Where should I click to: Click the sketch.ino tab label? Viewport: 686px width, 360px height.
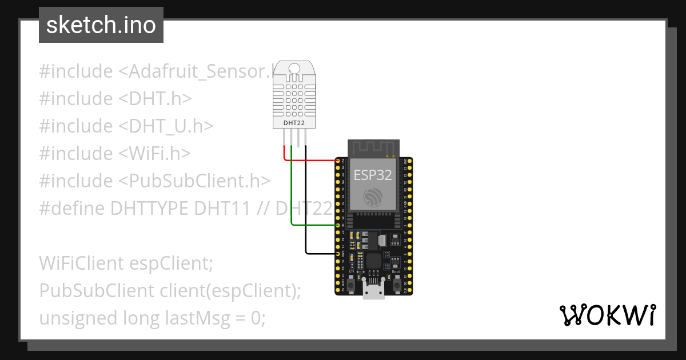(x=101, y=25)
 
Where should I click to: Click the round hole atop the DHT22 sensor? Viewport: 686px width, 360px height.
(x=294, y=69)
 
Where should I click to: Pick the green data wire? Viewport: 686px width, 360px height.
(x=292, y=189)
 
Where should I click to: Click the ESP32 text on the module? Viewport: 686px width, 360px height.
(x=373, y=175)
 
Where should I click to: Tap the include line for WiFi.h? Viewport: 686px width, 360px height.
(x=115, y=153)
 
